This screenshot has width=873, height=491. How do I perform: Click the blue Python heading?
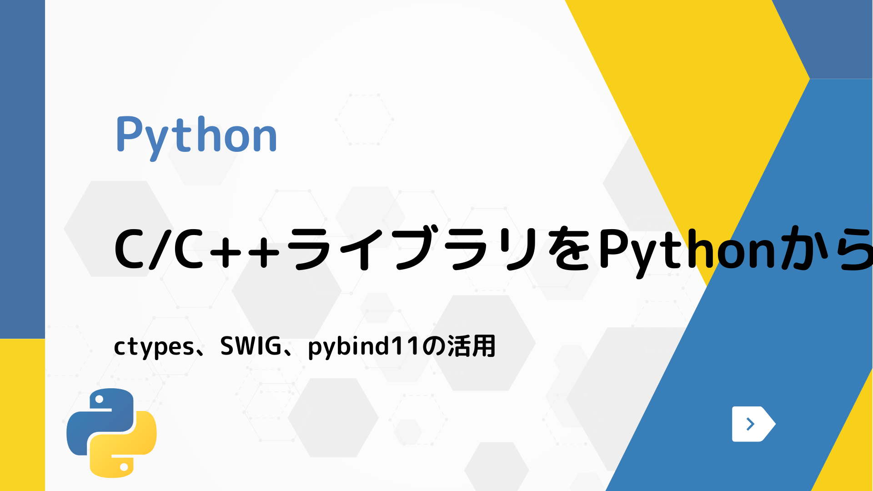(x=196, y=135)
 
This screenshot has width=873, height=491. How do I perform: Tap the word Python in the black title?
(x=687, y=250)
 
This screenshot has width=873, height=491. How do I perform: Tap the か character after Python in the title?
(x=802, y=250)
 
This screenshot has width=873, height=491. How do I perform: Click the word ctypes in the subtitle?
(x=154, y=347)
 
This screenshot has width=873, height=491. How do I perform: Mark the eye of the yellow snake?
(x=124, y=466)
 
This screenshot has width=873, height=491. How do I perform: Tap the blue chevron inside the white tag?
(x=750, y=424)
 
